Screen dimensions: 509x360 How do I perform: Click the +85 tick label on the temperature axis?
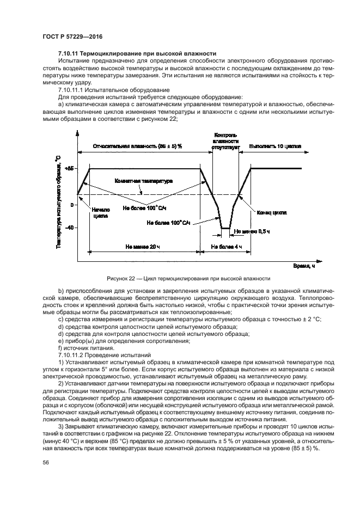pyautogui.click(x=69, y=169)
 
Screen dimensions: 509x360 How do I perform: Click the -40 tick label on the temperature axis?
pyautogui.click(x=69, y=228)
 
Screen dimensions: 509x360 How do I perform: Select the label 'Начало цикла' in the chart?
pyautogui.click(x=101, y=212)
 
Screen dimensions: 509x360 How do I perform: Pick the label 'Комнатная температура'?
pyautogui.click(x=143, y=180)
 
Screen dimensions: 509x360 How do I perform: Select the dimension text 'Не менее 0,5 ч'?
pyautogui.click(x=252, y=231)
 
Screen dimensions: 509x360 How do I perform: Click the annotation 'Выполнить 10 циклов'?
pyautogui.click(x=274, y=146)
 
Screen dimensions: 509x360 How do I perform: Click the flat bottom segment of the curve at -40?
pyautogui.click(x=225, y=228)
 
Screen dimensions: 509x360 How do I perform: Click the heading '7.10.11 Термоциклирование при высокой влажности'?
pyautogui.click(x=137, y=53)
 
